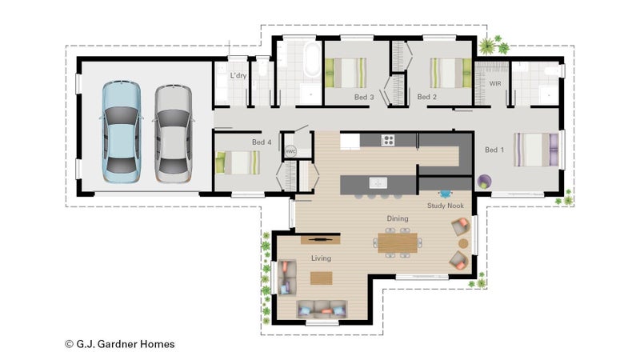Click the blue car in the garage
coord(121,132)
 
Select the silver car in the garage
coord(173,134)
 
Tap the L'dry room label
coord(238,75)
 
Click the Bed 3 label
coord(364,97)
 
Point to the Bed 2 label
coord(427,97)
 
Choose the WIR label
coord(495,83)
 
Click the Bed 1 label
coord(494,150)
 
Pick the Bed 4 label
coord(262,142)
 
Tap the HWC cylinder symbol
coord(290,151)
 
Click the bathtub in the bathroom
coord(312,58)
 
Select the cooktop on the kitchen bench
coord(388,141)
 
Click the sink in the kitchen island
coord(378,183)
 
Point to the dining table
coord(398,243)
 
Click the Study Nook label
coord(446,206)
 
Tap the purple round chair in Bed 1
coord(484,182)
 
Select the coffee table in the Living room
coord(322,278)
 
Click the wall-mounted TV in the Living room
coord(321,239)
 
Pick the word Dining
coord(398,218)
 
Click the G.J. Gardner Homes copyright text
coord(120,344)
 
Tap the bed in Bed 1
coord(536,150)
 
